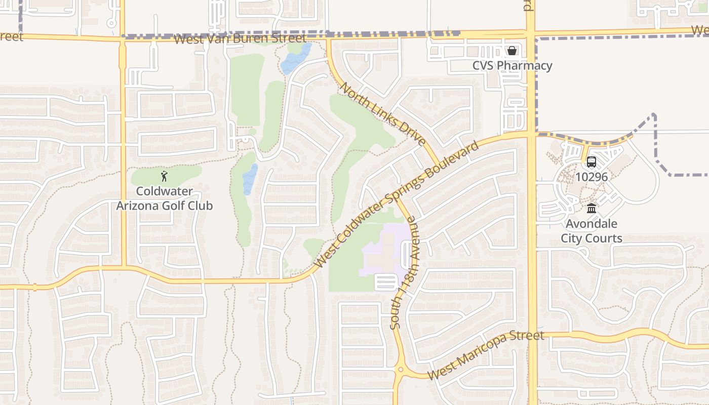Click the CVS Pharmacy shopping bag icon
click(512, 51)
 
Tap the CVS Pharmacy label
click(512, 66)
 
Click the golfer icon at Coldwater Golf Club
click(164, 176)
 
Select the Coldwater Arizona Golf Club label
click(165, 198)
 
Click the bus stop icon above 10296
click(591, 162)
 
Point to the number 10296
click(591, 177)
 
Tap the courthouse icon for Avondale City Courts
click(591, 208)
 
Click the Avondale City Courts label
click(591, 231)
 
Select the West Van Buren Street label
click(240, 38)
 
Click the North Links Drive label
click(383, 114)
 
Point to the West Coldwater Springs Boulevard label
click(397, 205)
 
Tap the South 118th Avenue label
click(404, 273)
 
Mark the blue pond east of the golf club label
click(249, 179)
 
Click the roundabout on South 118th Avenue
click(401, 370)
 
